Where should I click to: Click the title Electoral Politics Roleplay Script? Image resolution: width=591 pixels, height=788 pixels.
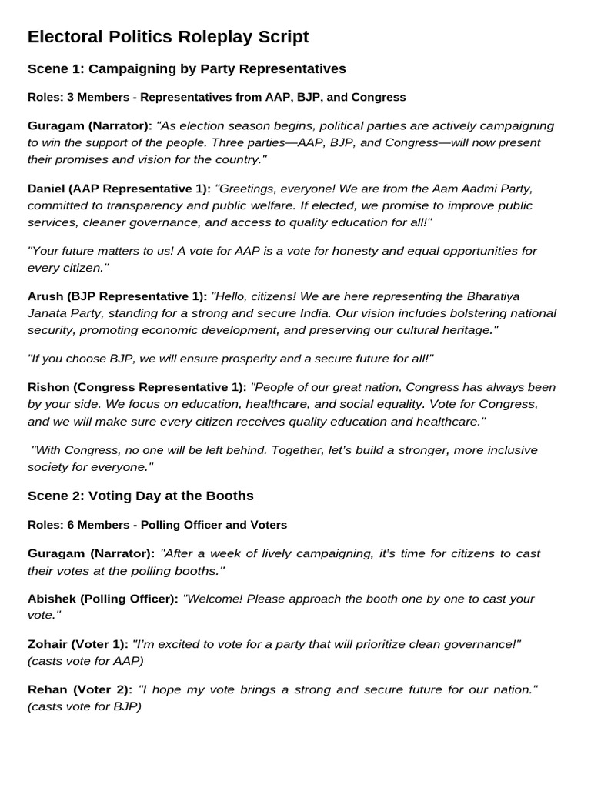coord(168,36)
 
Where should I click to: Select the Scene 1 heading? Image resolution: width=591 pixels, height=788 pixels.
coord(186,69)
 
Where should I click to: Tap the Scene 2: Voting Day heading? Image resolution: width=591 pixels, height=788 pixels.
coord(140,496)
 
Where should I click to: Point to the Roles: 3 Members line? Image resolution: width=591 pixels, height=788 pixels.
coord(216,98)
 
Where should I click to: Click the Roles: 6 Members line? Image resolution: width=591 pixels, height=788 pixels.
coord(157,525)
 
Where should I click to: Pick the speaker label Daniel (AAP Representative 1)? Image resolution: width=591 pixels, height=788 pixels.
coord(119,189)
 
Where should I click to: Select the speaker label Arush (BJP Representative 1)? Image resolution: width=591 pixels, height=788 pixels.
coord(117,296)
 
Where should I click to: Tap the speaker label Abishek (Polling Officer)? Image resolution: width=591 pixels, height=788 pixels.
coord(102,599)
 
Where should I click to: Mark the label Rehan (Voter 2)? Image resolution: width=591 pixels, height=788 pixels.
coord(79,689)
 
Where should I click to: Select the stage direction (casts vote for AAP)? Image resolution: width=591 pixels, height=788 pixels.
coord(85,661)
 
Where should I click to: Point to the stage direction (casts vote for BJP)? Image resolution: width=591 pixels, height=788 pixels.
coord(85,706)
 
